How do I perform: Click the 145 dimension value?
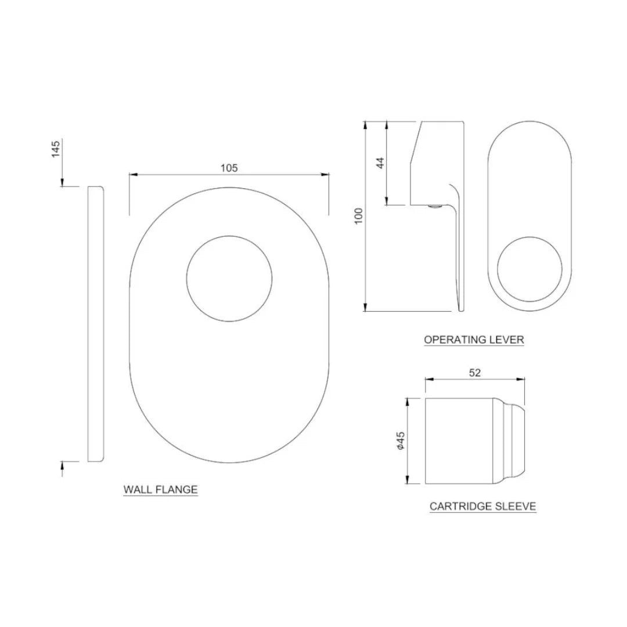(56, 149)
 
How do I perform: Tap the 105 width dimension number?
(229, 168)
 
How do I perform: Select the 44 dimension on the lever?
(381, 163)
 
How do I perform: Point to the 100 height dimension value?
(358, 216)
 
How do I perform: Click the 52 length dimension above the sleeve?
(475, 373)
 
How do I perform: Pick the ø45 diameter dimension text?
(400, 441)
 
